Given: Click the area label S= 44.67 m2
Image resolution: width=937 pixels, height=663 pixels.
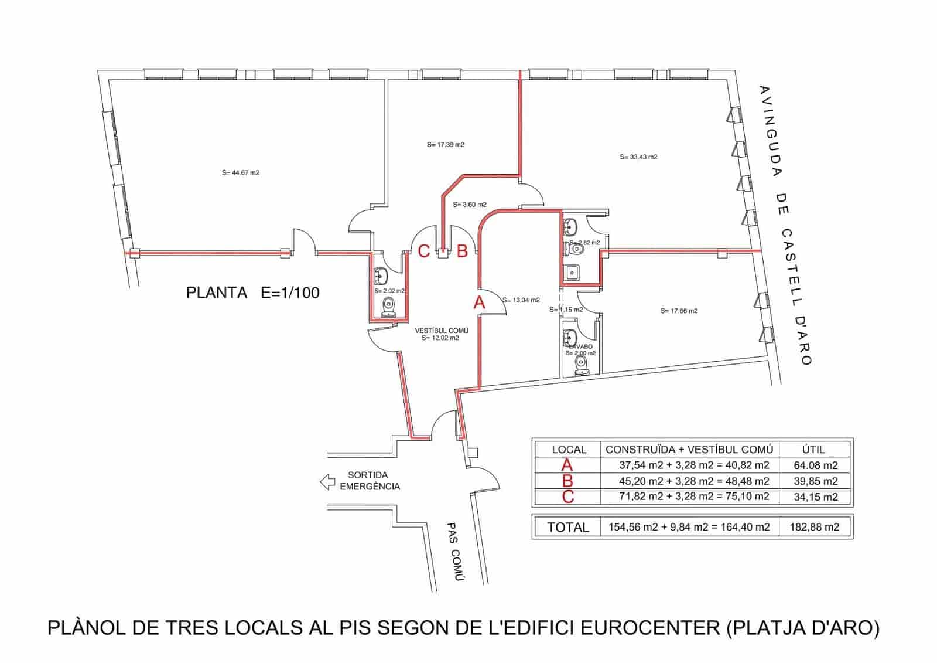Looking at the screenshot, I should pyautogui.click(x=240, y=173).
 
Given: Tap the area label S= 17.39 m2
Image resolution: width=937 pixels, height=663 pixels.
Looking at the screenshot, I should pyautogui.click(x=445, y=144).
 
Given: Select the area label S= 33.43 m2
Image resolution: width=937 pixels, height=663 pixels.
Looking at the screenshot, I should pyautogui.click(x=638, y=157).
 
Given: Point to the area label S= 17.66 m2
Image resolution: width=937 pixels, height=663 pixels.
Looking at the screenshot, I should pyautogui.click(x=679, y=311).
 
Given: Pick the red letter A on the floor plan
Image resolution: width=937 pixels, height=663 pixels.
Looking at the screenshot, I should pyautogui.click(x=479, y=303).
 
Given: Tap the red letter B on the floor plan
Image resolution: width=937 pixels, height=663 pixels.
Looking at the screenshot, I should pyautogui.click(x=462, y=251).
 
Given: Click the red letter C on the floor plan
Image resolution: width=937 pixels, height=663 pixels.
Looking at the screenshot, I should pyautogui.click(x=424, y=251).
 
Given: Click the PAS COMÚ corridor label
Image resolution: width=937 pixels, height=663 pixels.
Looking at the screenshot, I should pyautogui.click(x=454, y=552).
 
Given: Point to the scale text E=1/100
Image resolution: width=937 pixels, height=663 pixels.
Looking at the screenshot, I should pyautogui.click(x=290, y=293).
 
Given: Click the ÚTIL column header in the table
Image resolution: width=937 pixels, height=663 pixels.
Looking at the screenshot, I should pyautogui.click(x=813, y=450).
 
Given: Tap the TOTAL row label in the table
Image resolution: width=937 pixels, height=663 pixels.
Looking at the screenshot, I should pyautogui.click(x=567, y=527).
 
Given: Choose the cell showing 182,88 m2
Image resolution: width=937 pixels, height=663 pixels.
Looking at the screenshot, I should pyautogui.click(x=814, y=527).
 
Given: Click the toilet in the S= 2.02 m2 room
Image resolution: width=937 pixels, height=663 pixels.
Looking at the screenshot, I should pyautogui.click(x=388, y=307).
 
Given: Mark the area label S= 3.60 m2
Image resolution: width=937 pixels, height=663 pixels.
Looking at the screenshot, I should pyautogui.click(x=469, y=205).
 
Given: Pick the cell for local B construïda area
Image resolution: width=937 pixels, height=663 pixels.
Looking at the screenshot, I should pyautogui.click(x=694, y=481).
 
